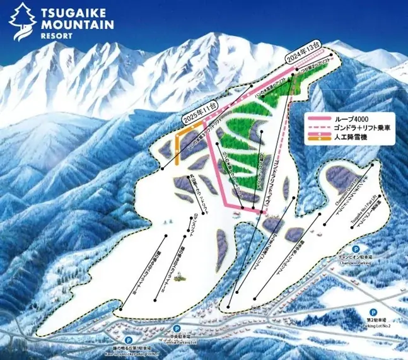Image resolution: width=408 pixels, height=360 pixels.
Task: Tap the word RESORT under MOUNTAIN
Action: point(52,36)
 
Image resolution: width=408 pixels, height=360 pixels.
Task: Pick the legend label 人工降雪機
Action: point(354,142)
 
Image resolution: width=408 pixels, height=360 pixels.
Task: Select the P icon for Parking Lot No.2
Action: point(372,312)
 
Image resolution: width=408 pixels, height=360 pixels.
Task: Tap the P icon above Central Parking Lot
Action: point(177,328)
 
